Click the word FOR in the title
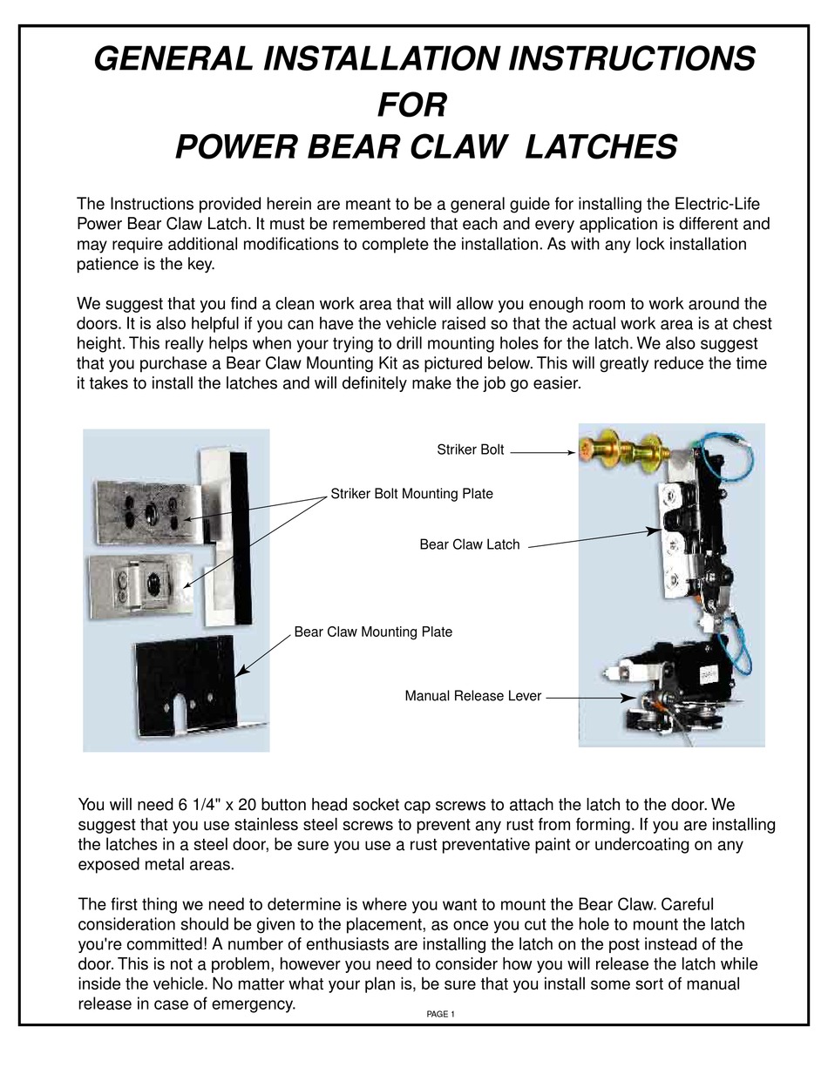click(x=411, y=105)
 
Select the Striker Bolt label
click(x=470, y=449)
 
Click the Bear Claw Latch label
click(x=469, y=544)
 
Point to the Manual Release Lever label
click(x=472, y=696)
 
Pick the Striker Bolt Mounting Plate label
click(x=411, y=494)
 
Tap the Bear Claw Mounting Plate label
click(x=373, y=632)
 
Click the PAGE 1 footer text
click(x=441, y=1014)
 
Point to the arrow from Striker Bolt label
click(x=542, y=452)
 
